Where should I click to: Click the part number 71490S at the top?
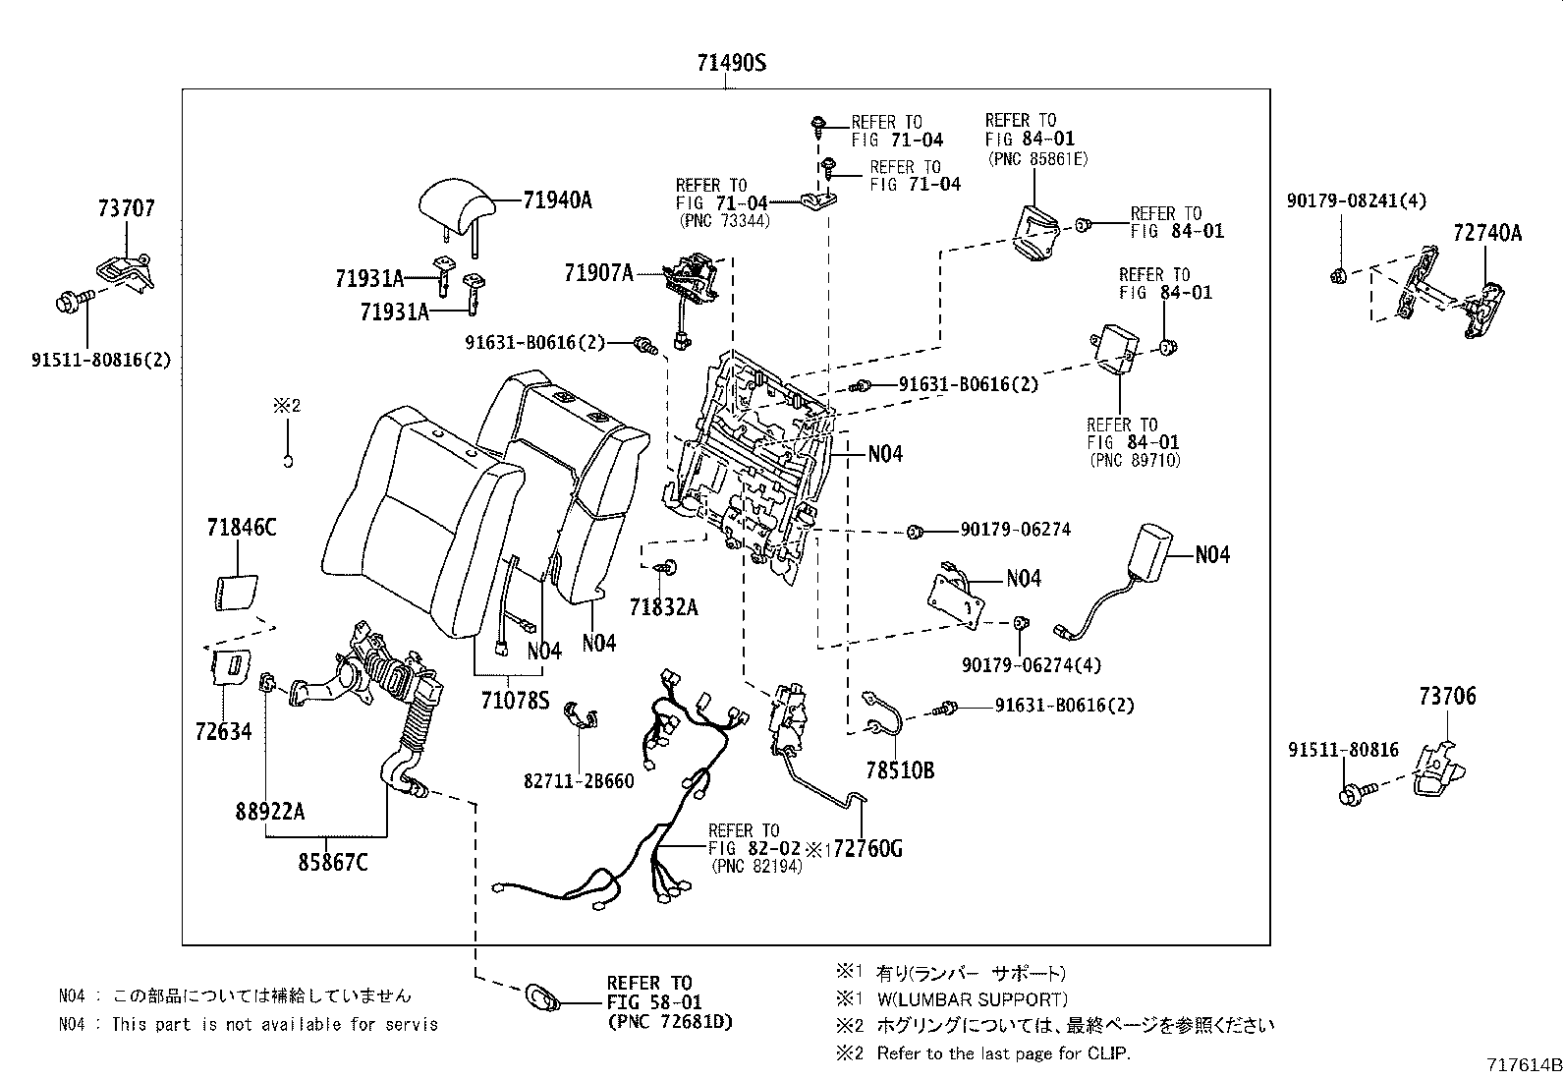730,64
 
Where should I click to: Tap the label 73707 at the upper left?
126,208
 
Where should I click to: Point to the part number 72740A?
1486,233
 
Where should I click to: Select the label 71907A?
598,273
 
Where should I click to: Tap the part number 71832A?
663,607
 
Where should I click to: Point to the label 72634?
223,730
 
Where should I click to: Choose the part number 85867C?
333,862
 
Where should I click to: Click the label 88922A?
269,812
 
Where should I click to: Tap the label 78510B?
900,771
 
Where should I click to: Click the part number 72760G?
866,848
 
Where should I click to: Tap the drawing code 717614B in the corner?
1522,1065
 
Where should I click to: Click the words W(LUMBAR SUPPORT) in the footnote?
971,999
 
